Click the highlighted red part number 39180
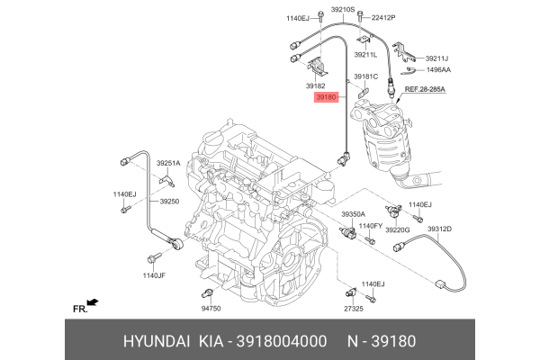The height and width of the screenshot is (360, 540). [x=325, y=96]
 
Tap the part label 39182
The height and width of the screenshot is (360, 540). [x=318, y=84]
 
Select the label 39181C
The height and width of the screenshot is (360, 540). [x=366, y=76]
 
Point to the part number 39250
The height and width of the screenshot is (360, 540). [x=170, y=202]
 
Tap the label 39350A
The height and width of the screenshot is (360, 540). [x=353, y=214]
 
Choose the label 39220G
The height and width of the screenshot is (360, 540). [x=398, y=230]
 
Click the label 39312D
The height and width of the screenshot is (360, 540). [x=439, y=229]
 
